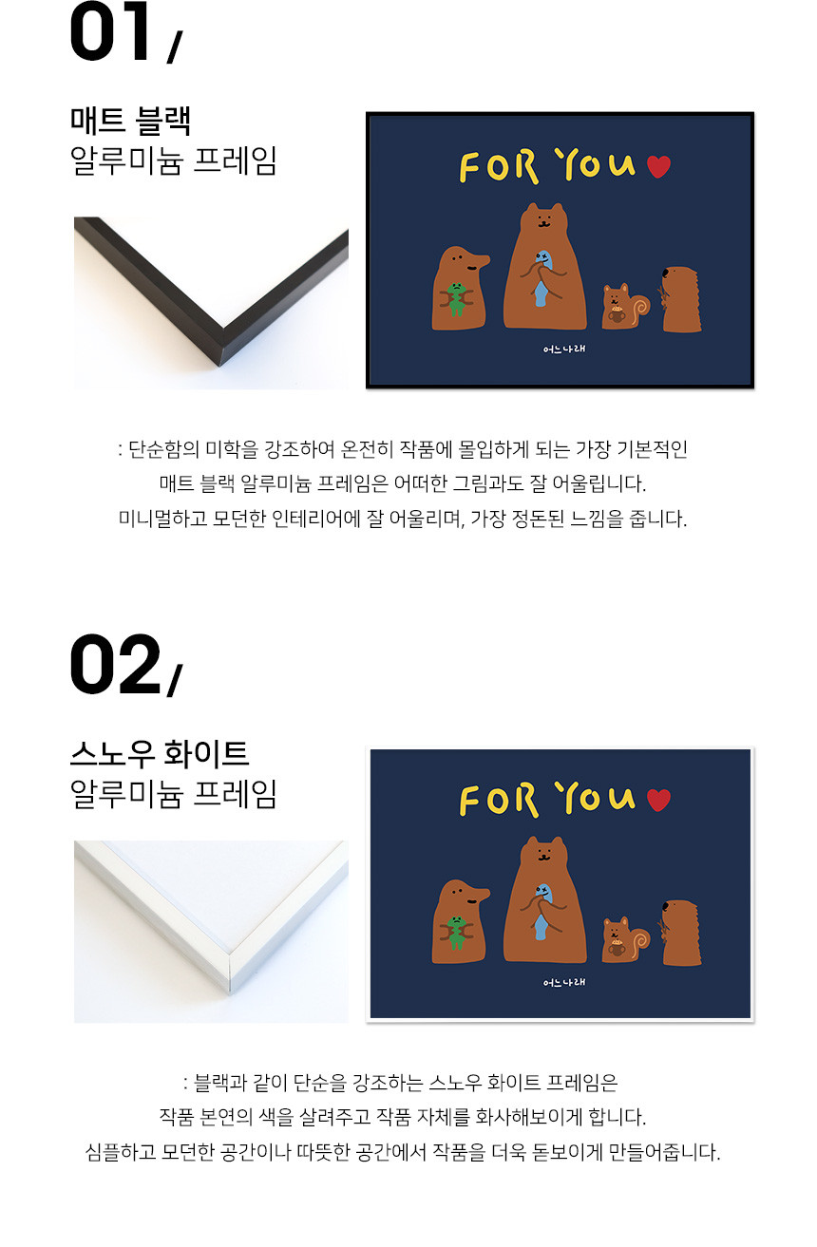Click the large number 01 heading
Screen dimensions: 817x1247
point(110,31)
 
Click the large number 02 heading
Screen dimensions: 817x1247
point(115,664)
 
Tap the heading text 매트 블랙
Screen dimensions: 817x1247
point(131,121)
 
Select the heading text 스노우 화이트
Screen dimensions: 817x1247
point(160,754)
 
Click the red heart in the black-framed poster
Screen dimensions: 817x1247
point(659,166)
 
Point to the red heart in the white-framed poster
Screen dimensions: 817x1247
point(659,800)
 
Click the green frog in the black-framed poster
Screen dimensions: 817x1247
point(456,299)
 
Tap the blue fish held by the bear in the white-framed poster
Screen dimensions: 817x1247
point(541,911)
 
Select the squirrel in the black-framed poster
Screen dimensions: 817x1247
point(625,307)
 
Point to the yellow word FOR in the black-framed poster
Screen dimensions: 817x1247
point(499,167)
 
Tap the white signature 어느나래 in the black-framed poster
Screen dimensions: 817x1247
point(563,350)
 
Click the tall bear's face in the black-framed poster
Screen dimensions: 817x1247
point(544,219)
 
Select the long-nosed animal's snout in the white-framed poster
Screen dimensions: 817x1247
point(478,895)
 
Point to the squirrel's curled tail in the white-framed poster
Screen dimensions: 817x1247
point(640,940)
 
